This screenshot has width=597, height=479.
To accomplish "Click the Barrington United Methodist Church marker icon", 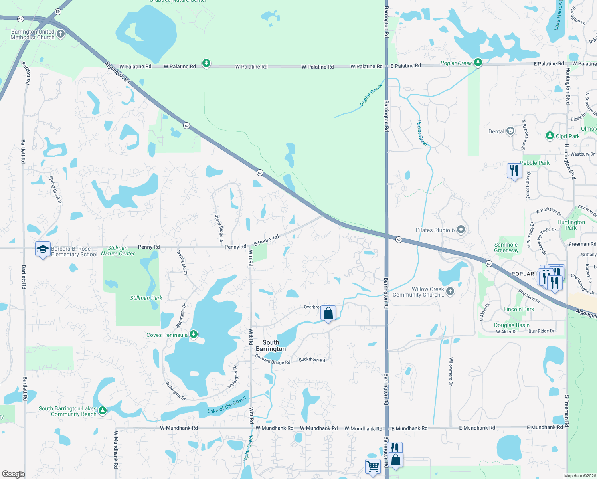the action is tap(61, 34).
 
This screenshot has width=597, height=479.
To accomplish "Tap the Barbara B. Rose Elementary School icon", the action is tap(43, 250).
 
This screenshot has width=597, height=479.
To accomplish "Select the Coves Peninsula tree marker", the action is tap(194, 334).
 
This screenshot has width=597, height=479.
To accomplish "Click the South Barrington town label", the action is tap(271, 346).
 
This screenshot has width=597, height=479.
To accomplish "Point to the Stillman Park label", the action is tap(146, 298).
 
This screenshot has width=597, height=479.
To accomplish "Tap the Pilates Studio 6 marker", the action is tap(461, 230).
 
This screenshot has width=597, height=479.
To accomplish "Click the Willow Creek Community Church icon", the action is tap(450, 291).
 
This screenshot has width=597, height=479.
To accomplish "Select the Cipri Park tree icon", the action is tap(550, 136).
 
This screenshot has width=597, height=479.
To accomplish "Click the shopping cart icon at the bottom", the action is tap(373, 466).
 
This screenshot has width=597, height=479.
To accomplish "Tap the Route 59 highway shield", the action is tap(58, 12).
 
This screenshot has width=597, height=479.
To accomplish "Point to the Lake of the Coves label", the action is tap(227, 406).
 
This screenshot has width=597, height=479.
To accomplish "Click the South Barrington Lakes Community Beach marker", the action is tap(103, 410).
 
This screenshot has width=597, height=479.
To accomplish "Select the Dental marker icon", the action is tap(510, 131).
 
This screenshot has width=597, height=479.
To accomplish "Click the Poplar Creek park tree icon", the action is tap(478, 63).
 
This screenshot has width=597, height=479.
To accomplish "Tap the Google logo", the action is tap(14, 474).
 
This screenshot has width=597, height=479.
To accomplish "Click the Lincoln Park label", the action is tap(519, 309).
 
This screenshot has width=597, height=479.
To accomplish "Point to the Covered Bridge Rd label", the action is tap(273, 360).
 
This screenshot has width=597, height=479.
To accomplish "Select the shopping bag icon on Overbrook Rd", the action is tap(328, 313).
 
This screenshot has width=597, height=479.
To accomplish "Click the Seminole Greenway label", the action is tap(506, 247).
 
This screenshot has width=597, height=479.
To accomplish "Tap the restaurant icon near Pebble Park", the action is tap(514, 171).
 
